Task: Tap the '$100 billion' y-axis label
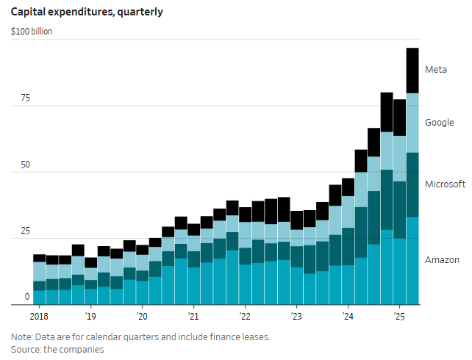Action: [x=32, y=32]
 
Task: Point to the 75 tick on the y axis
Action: [x=24, y=98]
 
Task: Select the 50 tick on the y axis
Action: [x=24, y=165]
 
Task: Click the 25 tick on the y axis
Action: [x=24, y=231]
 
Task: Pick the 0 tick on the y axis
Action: [x=27, y=297]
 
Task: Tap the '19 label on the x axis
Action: [x=90, y=317]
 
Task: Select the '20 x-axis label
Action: [x=142, y=317]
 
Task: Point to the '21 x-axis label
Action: [x=193, y=317]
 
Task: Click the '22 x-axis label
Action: [x=245, y=317]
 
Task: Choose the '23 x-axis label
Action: [x=296, y=317]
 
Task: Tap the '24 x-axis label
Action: [x=348, y=317]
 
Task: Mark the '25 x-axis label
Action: [x=399, y=317]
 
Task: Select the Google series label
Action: [x=440, y=123]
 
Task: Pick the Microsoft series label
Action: [x=446, y=184]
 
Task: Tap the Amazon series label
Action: [x=442, y=260]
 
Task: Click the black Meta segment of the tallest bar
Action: [x=412, y=71]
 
